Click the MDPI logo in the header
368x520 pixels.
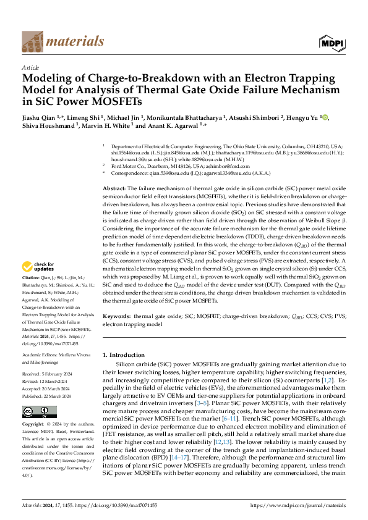click(332, 41)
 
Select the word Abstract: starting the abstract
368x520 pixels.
click(114, 187)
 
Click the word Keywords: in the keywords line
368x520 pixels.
click(116, 316)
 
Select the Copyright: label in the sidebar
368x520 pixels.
click(34, 425)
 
